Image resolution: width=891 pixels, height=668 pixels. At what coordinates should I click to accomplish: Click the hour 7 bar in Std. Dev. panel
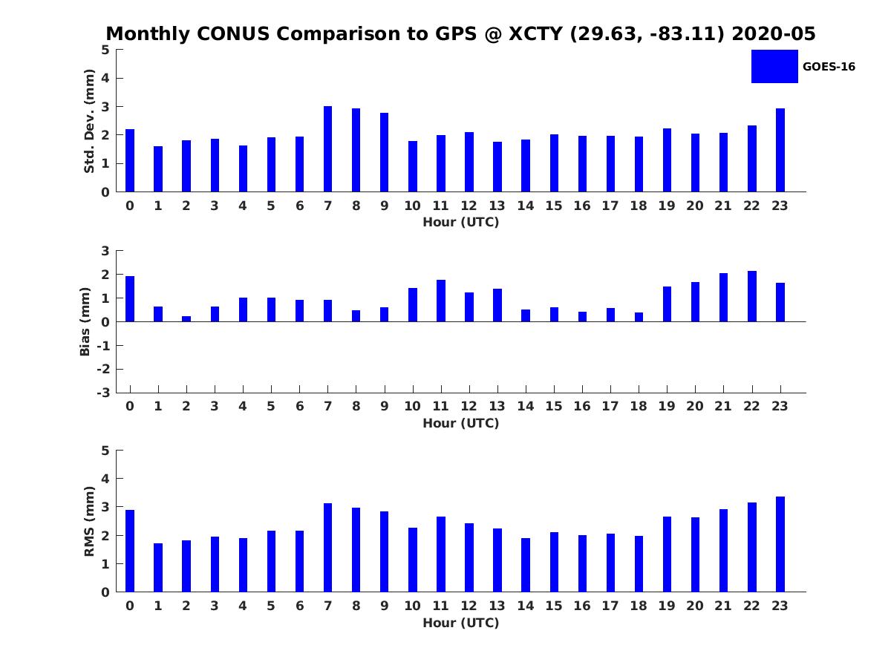[327, 149]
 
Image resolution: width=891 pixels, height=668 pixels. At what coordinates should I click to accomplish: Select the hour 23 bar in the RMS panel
[780, 544]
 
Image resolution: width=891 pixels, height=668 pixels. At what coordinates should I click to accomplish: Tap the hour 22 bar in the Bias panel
[751, 296]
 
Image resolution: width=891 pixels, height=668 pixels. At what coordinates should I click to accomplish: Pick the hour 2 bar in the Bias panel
[186, 319]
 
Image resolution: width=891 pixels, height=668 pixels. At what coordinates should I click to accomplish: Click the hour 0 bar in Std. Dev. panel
[130, 160]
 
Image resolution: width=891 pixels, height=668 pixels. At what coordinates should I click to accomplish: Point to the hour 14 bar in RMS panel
[526, 565]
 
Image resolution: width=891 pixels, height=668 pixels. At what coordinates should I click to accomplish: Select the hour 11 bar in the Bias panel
[441, 301]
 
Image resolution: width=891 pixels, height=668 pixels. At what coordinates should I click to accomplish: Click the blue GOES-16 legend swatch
[774, 67]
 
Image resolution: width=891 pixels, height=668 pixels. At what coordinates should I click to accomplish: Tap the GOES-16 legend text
[829, 67]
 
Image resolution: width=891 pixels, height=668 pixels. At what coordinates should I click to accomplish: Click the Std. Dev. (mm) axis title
[89, 121]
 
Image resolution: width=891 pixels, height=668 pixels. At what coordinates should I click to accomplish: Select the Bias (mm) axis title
[85, 321]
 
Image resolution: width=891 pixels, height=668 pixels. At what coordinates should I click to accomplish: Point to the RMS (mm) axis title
[89, 521]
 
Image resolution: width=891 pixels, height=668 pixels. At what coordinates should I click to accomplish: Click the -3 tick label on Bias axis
[103, 393]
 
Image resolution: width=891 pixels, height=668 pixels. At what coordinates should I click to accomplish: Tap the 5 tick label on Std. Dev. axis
[105, 50]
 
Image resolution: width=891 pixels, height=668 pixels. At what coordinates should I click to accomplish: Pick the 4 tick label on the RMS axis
[105, 479]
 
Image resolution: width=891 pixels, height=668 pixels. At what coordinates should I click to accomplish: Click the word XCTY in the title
[535, 33]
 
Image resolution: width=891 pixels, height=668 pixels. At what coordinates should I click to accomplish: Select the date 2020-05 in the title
[773, 33]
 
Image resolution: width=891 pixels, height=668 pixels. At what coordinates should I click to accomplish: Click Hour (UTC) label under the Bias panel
[461, 423]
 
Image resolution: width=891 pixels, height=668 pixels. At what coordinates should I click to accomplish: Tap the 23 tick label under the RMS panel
[780, 606]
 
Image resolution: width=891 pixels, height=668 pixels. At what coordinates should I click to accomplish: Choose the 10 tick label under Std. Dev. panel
[412, 206]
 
